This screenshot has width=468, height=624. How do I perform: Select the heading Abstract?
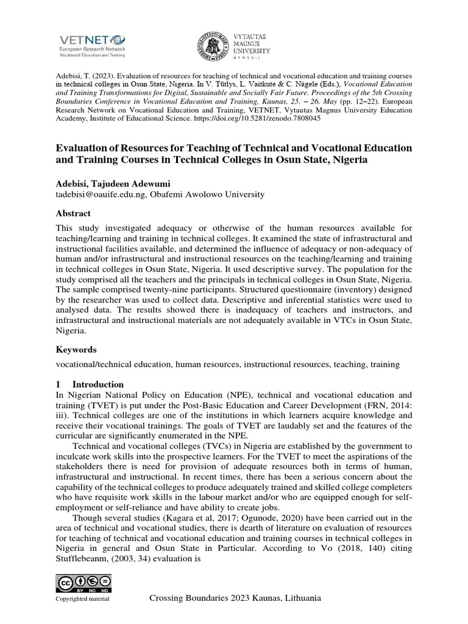(73, 213)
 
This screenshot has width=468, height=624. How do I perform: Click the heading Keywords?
(76, 350)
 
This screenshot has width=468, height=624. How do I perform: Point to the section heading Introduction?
(98, 385)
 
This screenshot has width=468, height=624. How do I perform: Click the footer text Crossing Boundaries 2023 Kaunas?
(235, 598)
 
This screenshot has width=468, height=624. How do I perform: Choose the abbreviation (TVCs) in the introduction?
(200, 447)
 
